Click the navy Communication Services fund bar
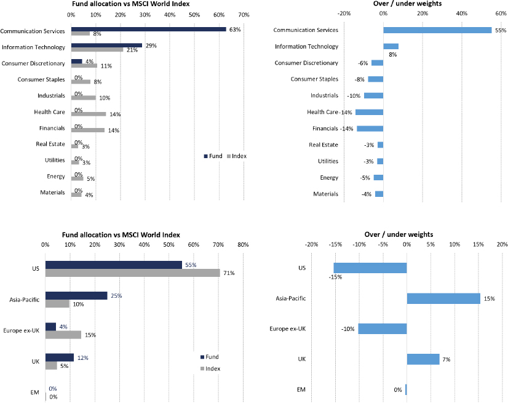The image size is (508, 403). coord(148,29)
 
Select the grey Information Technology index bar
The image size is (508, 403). coord(97,49)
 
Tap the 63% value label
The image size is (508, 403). coord(234,30)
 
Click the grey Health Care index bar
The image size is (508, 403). coord(88,114)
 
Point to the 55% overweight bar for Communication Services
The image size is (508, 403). coord(437,30)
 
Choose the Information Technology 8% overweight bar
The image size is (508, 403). coord(391,46)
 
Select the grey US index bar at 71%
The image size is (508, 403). coord(132,273)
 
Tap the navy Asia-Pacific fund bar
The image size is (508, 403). coord(76,296)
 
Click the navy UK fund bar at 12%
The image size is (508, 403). coord(60,357)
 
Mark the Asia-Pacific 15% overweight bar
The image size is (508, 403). coord(443,298)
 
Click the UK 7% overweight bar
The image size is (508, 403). coord(423,359)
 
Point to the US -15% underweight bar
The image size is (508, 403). coord(370,268)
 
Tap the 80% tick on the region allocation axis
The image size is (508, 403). coord(243,245)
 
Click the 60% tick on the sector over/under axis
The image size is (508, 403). coord(501,14)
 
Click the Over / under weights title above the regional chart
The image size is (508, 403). coord(407,234)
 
